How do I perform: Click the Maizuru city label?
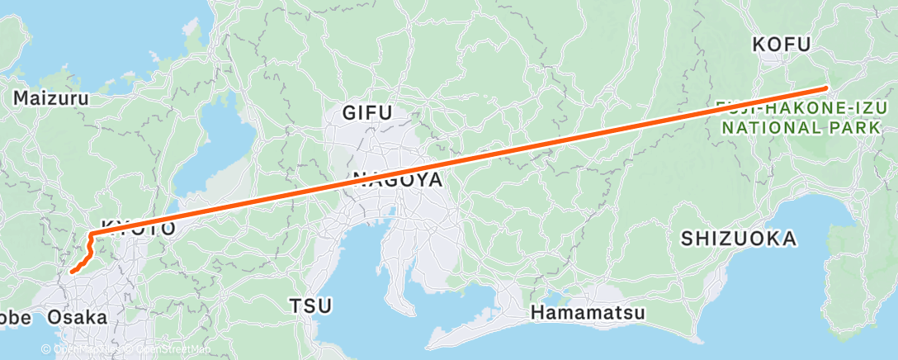[50, 98]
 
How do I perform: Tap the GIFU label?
[368, 113]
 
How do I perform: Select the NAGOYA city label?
[398, 179]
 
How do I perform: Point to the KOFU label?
[781, 45]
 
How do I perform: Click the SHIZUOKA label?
[739, 239]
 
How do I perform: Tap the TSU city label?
[310, 306]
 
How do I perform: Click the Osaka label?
[77, 317]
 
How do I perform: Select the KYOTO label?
[138, 227]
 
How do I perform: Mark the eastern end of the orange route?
[825, 88]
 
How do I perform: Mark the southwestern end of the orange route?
[72, 270]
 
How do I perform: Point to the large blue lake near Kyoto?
[207, 144]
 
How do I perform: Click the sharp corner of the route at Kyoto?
[89, 237]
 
